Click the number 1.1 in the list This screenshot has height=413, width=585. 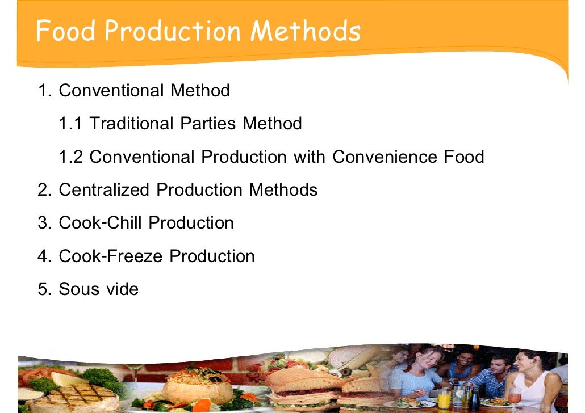[70, 123]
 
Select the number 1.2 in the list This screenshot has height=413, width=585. [71, 156]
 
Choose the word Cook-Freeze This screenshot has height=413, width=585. [111, 256]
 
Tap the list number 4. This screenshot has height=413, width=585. [44, 256]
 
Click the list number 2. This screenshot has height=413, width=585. [44, 189]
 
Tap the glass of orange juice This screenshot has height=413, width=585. [444, 397]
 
